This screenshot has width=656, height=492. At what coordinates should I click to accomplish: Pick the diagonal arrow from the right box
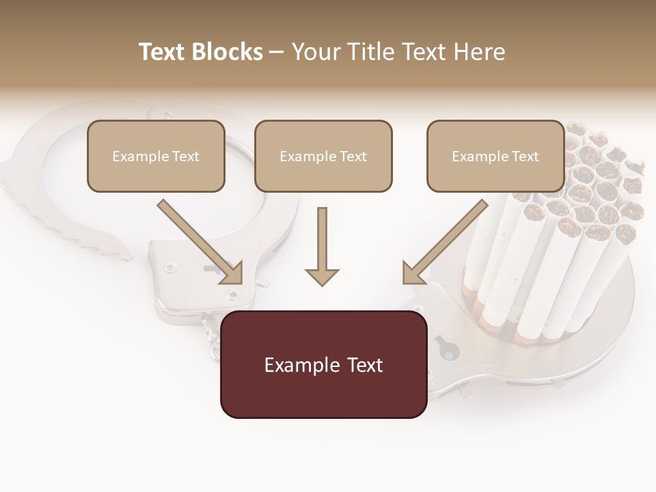(445, 242)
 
